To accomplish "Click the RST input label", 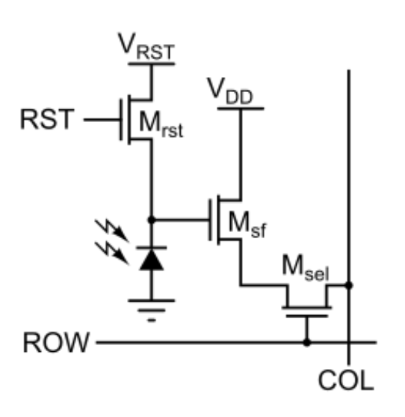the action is coord(47,119).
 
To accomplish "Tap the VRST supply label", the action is coord(146,46).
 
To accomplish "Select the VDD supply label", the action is coord(230,91).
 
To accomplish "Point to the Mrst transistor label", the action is coord(161,124).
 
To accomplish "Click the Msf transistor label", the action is coord(247,225).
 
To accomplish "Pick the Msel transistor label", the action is coord(306,268).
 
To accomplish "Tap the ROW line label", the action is coord(56,343).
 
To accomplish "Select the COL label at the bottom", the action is coord(346,380).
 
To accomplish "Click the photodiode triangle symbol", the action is coord(152,259).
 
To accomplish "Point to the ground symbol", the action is coord(152,311).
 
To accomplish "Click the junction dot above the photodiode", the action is coord(152,220).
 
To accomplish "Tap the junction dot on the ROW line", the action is coord(307,343).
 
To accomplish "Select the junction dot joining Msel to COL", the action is coord(349,285).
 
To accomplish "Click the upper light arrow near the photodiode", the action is coord(112,231).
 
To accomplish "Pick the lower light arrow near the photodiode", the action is coord(112,253).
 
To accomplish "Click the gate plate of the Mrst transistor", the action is coord(121,119).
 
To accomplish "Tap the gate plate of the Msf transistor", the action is coord(210,220).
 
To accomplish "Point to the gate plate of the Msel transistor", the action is coord(307,316).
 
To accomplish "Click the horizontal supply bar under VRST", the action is coord(152,64).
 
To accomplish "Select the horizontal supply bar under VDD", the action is coord(241,109).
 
